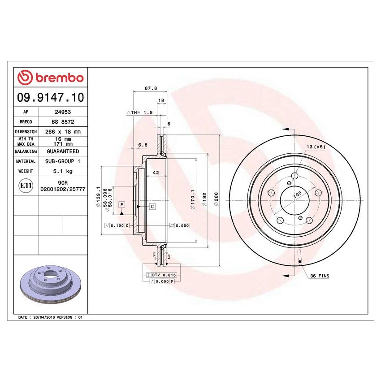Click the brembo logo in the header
click(x=50, y=78)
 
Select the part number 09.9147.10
click(x=50, y=97)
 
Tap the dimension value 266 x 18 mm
click(x=63, y=132)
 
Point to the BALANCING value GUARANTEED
click(x=63, y=152)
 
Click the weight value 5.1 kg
click(x=63, y=171)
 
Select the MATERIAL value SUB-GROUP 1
click(x=63, y=161)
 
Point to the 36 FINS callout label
click(x=319, y=277)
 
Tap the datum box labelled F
click(x=121, y=204)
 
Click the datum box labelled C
click(x=152, y=206)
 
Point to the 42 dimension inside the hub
click(x=156, y=173)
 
